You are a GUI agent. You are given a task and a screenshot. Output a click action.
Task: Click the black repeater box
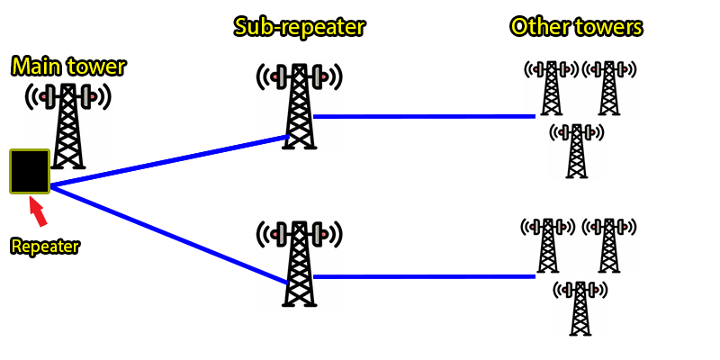(30, 171)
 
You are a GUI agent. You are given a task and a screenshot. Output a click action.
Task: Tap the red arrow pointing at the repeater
(38, 211)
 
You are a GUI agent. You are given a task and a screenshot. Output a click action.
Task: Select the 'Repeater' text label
(44, 246)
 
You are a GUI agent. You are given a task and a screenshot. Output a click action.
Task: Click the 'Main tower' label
(68, 66)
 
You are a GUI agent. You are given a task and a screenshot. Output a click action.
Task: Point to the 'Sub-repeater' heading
(299, 27)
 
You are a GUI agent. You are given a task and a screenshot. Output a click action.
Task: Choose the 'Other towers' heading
(577, 27)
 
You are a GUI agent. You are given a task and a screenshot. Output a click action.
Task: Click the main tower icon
(68, 126)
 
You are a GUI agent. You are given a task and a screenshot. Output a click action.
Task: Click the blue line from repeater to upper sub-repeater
(171, 162)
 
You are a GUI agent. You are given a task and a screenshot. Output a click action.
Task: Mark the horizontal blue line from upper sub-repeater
(423, 116)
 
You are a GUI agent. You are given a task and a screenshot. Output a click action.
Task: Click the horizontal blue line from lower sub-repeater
(423, 276)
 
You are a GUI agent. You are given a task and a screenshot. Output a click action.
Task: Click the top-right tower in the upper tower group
(609, 87)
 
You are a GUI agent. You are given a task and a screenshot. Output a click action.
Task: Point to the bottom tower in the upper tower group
(577, 150)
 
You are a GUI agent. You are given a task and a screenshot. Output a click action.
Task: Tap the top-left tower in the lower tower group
(547, 245)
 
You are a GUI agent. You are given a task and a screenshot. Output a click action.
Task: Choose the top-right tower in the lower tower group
(607, 245)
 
